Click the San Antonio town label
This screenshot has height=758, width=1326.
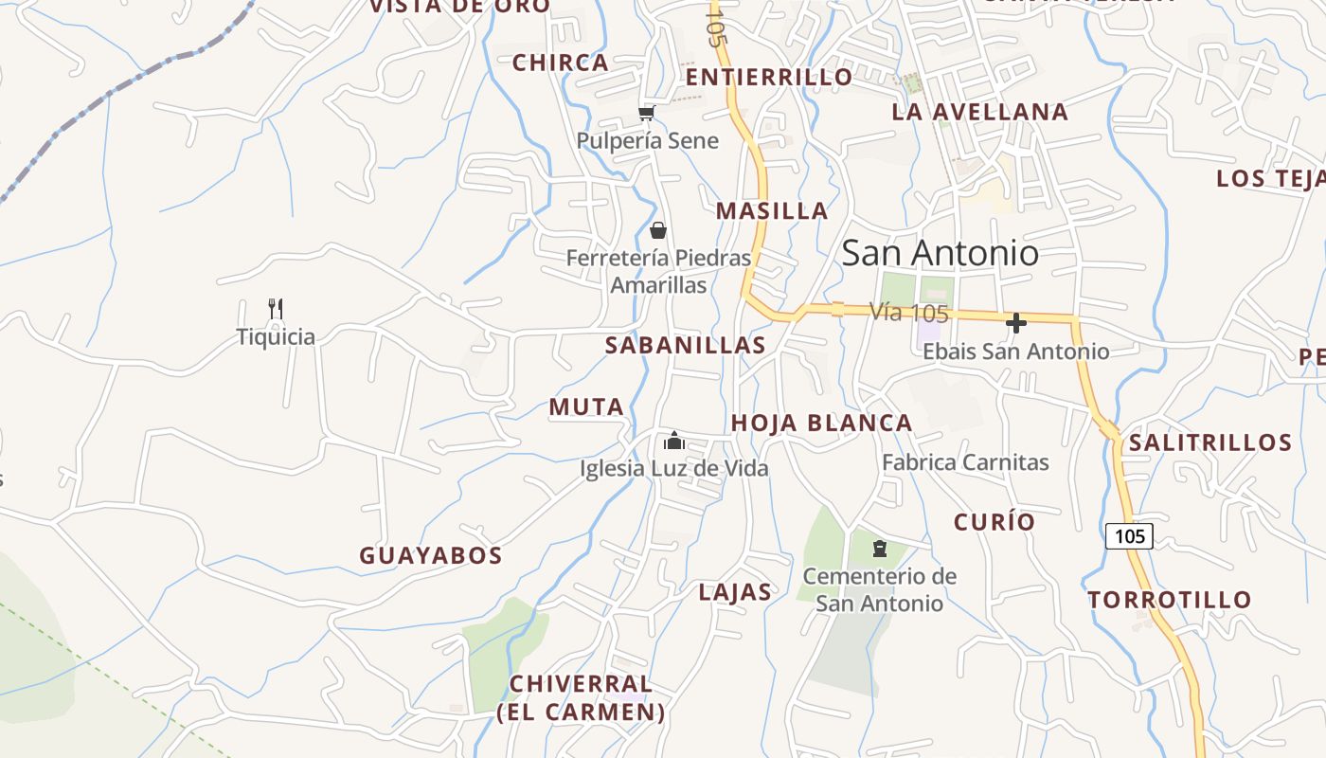[940, 253]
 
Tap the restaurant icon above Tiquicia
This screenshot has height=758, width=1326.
[276, 308]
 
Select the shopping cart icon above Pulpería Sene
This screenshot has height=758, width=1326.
[647, 114]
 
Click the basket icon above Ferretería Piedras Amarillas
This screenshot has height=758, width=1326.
[658, 230]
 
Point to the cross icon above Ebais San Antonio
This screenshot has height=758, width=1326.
[1016, 323]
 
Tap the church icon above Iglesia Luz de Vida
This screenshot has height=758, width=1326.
[674, 441]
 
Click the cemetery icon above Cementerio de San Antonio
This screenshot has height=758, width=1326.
[880, 549]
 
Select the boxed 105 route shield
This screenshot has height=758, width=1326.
[1129, 536]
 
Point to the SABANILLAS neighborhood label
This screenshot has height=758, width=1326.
[686, 346]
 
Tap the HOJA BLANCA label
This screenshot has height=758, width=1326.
[822, 424]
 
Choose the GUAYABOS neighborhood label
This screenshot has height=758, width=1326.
[430, 556]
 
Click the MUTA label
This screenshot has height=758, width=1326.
[586, 407]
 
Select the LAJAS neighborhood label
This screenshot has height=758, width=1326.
[735, 593]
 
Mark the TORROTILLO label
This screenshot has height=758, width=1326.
[1170, 600]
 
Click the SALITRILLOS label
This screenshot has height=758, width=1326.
[1210, 442]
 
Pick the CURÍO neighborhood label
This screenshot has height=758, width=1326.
[994, 522]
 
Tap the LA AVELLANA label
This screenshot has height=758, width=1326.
[980, 112]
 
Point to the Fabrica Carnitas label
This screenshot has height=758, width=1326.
[965, 462]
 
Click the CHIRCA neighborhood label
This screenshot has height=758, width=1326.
[561, 63]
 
